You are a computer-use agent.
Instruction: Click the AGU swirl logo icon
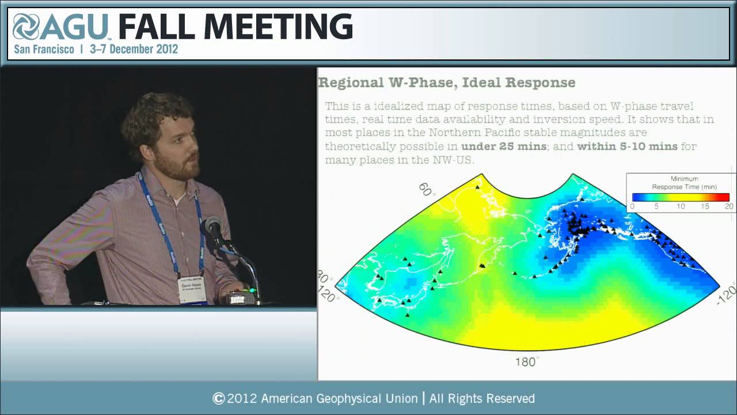[26, 27]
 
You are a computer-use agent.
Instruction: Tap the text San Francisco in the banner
[44, 49]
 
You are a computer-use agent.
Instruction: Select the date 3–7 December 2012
[134, 49]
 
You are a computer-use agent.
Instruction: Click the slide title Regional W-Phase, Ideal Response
[446, 82]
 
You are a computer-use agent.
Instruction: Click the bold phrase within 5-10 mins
[627, 146]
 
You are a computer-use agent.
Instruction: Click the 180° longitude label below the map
[526, 362]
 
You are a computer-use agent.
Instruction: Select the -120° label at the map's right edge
[726, 295]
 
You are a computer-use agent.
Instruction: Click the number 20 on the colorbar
[728, 206]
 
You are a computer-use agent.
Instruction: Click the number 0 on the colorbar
[632, 206]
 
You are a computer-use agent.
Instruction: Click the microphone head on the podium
[214, 227]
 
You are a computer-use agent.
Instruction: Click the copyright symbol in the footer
[218, 398]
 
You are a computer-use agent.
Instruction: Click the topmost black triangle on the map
[477, 186]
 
